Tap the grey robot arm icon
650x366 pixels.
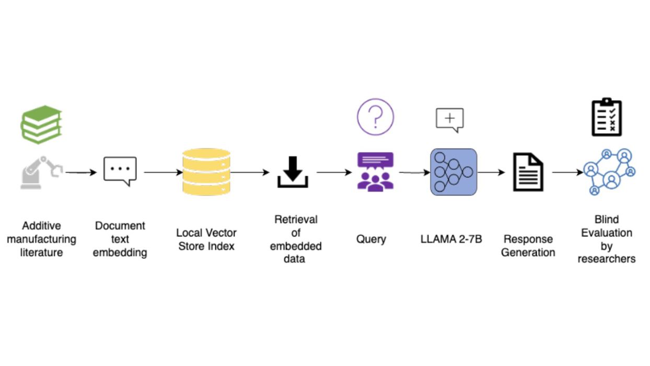pos(41,172)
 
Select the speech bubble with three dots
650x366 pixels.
pos(120,170)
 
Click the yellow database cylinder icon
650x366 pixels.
pos(206,172)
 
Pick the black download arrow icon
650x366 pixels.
pos(293,172)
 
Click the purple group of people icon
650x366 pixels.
pos(375,171)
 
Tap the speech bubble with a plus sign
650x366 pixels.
pos(450,120)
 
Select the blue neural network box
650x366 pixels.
pos(454,172)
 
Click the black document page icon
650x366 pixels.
pos(528,172)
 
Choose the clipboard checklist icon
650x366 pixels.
pos(607,117)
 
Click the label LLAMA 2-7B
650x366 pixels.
pos(451,239)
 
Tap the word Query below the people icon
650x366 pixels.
pos(371,239)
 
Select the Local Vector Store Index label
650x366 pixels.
pos(206,239)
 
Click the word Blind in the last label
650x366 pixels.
pos(606,220)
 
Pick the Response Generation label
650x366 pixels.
pos(528,246)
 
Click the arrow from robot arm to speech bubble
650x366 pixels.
pos(82,172)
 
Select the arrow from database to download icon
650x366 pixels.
pos(250,172)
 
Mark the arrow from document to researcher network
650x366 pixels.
pos(567,172)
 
